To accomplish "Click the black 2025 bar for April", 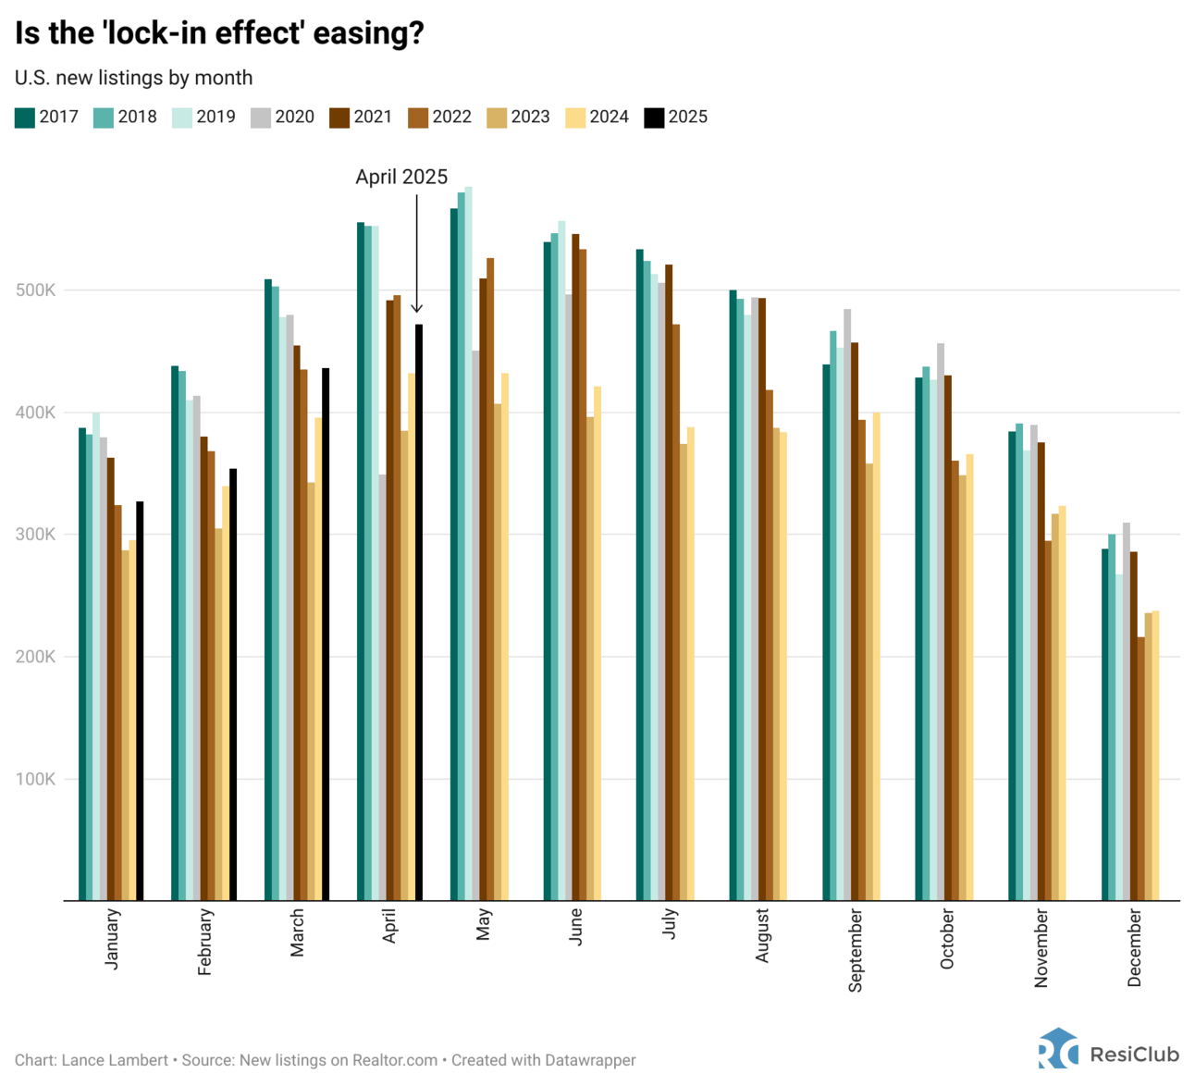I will tap(419, 611).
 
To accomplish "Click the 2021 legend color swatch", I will tap(339, 117).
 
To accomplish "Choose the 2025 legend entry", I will tap(676, 117).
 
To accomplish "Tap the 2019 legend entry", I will tap(204, 117).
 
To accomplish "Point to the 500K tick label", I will tap(36, 290).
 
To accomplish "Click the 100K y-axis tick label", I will tap(36, 779).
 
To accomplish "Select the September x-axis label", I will tap(856, 950).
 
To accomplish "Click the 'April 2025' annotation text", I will tap(401, 177).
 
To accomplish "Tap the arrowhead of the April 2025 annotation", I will tap(417, 309).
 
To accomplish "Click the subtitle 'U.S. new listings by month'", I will tap(133, 78).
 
